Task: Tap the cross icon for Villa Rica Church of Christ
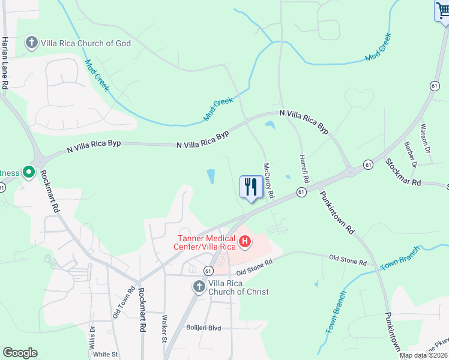(199, 287)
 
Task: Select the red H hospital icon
(245, 242)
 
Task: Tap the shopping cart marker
(442, 11)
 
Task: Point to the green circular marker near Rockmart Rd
(28, 173)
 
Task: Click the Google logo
(20, 352)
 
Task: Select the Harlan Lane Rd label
(5, 63)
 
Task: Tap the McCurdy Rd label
(270, 181)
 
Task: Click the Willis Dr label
(92, 338)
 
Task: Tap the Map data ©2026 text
(423, 355)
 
